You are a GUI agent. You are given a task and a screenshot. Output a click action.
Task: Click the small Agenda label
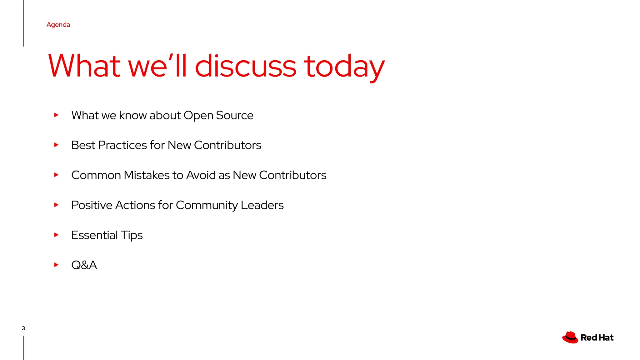pyautogui.click(x=58, y=25)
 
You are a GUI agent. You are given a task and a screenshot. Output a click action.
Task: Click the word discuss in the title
pyautogui.click(x=245, y=66)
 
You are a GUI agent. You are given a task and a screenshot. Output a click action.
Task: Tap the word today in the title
pyautogui.click(x=344, y=67)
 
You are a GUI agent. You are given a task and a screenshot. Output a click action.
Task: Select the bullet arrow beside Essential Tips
pyautogui.click(x=56, y=235)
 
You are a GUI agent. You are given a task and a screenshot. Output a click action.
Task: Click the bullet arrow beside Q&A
pyautogui.click(x=56, y=265)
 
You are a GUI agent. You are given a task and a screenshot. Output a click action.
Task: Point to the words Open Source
pyautogui.click(x=218, y=115)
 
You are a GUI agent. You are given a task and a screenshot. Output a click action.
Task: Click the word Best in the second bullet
pyautogui.click(x=83, y=145)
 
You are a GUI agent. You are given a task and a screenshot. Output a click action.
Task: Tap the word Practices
pyautogui.click(x=122, y=145)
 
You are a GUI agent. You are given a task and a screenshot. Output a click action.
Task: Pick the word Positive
pyautogui.click(x=92, y=205)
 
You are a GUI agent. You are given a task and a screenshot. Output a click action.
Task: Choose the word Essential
pyautogui.click(x=94, y=235)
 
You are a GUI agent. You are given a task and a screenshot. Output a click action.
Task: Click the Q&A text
pyautogui.click(x=84, y=265)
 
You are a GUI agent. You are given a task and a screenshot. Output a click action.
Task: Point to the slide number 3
pyautogui.click(x=23, y=328)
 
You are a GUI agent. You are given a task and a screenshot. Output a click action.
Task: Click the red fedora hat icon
pyautogui.click(x=570, y=337)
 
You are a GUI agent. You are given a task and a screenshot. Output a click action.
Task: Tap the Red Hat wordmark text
pyautogui.click(x=597, y=337)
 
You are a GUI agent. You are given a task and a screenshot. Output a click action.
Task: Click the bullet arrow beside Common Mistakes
pyautogui.click(x=56, y=175)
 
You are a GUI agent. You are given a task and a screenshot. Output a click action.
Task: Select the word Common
pyautogui.click(x=96, y=175)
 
